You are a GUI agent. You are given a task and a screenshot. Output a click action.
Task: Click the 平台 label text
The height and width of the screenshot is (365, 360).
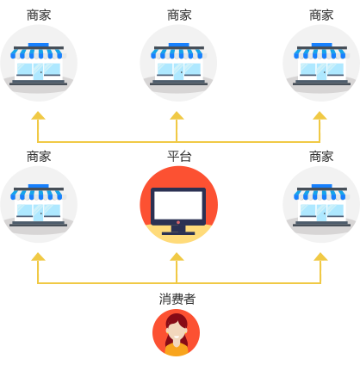pyautogui.click(x=179, y=157)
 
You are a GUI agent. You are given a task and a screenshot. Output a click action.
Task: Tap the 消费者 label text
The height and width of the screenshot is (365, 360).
pyautogui.click(x=177, y=299)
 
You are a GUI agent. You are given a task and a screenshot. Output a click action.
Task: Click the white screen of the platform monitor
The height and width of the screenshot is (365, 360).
pyautogui.click(x=178, y=205)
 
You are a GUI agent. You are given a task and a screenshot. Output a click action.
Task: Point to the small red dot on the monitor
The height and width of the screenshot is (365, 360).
pyautogui.click(x=178, y=222)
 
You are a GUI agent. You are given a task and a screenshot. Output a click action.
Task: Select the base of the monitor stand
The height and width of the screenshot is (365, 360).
pyautogui.click(x=178, y=233)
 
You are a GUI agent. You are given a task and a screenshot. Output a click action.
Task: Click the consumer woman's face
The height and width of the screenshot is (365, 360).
pyautogui.click(x=176, y=331)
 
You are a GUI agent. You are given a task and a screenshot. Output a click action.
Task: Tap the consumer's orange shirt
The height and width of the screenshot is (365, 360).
pyautogui.click(x=176, y=349)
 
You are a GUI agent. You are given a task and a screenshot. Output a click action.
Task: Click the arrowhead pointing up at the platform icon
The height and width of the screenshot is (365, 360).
pyautogui.click(x=177, y=257)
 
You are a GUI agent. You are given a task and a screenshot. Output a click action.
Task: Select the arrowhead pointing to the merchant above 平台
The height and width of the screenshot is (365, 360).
pyautogui.click(x=177, y=115)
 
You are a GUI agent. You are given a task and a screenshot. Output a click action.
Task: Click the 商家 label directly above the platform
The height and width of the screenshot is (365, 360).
pyautogui.click(x=179, y=15)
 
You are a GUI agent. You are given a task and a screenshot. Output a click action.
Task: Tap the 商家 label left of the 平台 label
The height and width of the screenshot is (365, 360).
pyautogui.click(x=39, y=157)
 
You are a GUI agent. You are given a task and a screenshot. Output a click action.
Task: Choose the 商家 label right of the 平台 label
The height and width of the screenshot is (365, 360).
pyautogui.click(x=321, y=157)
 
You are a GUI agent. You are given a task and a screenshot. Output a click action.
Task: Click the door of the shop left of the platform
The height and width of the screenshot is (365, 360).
pyautogui.click(x=38, y=213)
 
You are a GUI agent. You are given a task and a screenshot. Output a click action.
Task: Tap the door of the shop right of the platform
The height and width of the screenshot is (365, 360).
pyautogui.click(x=321, y=213)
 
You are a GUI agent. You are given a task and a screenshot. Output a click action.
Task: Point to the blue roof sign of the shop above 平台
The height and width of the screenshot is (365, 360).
pyautogui.click(x=178, y=45)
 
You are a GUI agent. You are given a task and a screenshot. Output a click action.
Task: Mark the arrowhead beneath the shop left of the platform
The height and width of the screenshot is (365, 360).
pyautogui.click(x=38, y=257)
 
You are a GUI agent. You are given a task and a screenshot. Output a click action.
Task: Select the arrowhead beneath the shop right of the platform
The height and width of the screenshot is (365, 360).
pyautogui.click(x=320, y=257)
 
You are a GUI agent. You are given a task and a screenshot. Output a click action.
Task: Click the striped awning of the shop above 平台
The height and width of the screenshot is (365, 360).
pyautogui.click(x=178, y=53)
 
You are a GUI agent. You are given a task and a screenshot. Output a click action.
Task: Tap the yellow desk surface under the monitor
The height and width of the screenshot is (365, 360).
pyautogui.click(x=178, y=235)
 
